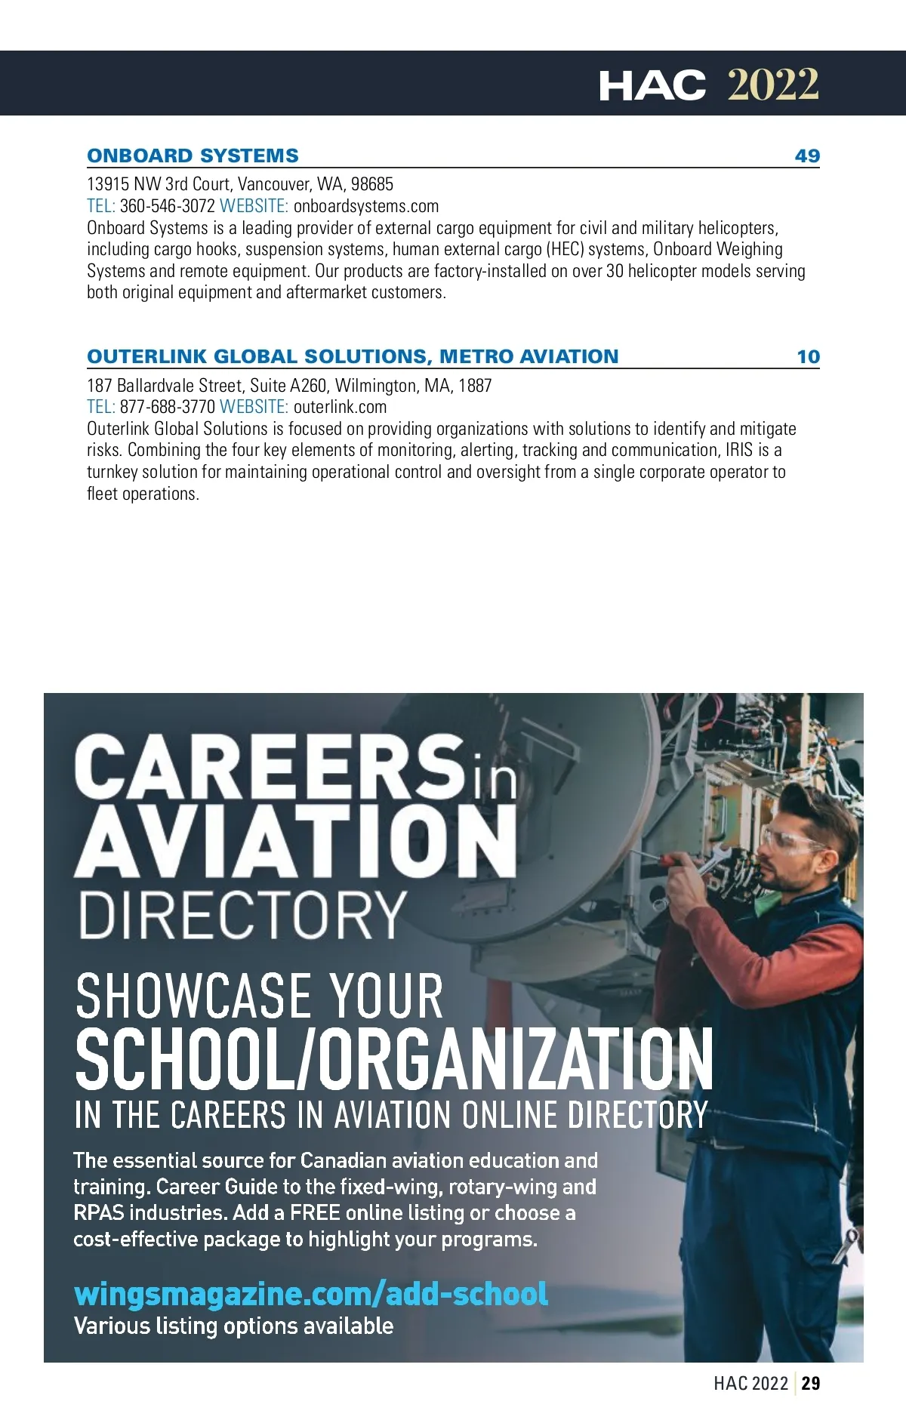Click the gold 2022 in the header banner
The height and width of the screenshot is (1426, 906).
[x=773, y=84]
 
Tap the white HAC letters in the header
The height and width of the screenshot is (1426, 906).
[x=652, y=85]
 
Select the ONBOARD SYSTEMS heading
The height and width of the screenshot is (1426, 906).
[x=193, y=156]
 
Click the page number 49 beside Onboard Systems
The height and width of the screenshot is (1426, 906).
[x=807, y=156]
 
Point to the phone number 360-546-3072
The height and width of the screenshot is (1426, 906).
[x=168, y=206]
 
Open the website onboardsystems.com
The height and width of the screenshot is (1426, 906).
[x=365, y=206]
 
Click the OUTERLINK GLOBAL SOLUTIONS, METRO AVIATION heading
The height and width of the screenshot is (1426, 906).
[x=353, y=356]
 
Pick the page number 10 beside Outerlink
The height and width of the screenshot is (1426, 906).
[x=808, y=356]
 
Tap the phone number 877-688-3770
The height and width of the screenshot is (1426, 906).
[x=168, y=407]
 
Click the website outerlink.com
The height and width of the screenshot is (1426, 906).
[x=340, y=407]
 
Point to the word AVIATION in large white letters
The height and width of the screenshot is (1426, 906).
[x=294, y=840]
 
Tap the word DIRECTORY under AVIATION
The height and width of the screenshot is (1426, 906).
[x=242, y=915]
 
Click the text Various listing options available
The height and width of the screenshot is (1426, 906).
[x=233, y=1326]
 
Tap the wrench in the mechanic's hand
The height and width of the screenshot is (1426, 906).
[x=713, y=861]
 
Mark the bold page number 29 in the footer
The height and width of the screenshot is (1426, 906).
[x=811, y=1383]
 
